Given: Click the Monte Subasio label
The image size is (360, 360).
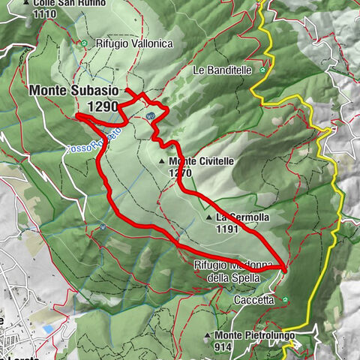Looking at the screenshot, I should (x=74, y=90).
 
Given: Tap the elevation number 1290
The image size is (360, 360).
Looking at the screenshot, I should (x=102, y=107).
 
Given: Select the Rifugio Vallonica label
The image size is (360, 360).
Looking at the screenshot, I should (x=134, y=44).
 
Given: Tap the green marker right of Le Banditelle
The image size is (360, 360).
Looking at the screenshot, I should (x=263, y=70).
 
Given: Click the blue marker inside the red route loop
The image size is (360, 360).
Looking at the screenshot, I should (x=151, y=116).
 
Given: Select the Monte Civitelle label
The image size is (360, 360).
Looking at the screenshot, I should (x=202, y=161).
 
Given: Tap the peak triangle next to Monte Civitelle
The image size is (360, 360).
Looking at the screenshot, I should (x=162, y=161).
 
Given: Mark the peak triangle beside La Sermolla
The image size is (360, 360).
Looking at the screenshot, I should (x=208, y=217).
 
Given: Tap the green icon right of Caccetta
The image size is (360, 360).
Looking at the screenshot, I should (x=285, y=300).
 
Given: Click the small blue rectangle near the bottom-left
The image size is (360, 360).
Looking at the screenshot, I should (x=48, y=329).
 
